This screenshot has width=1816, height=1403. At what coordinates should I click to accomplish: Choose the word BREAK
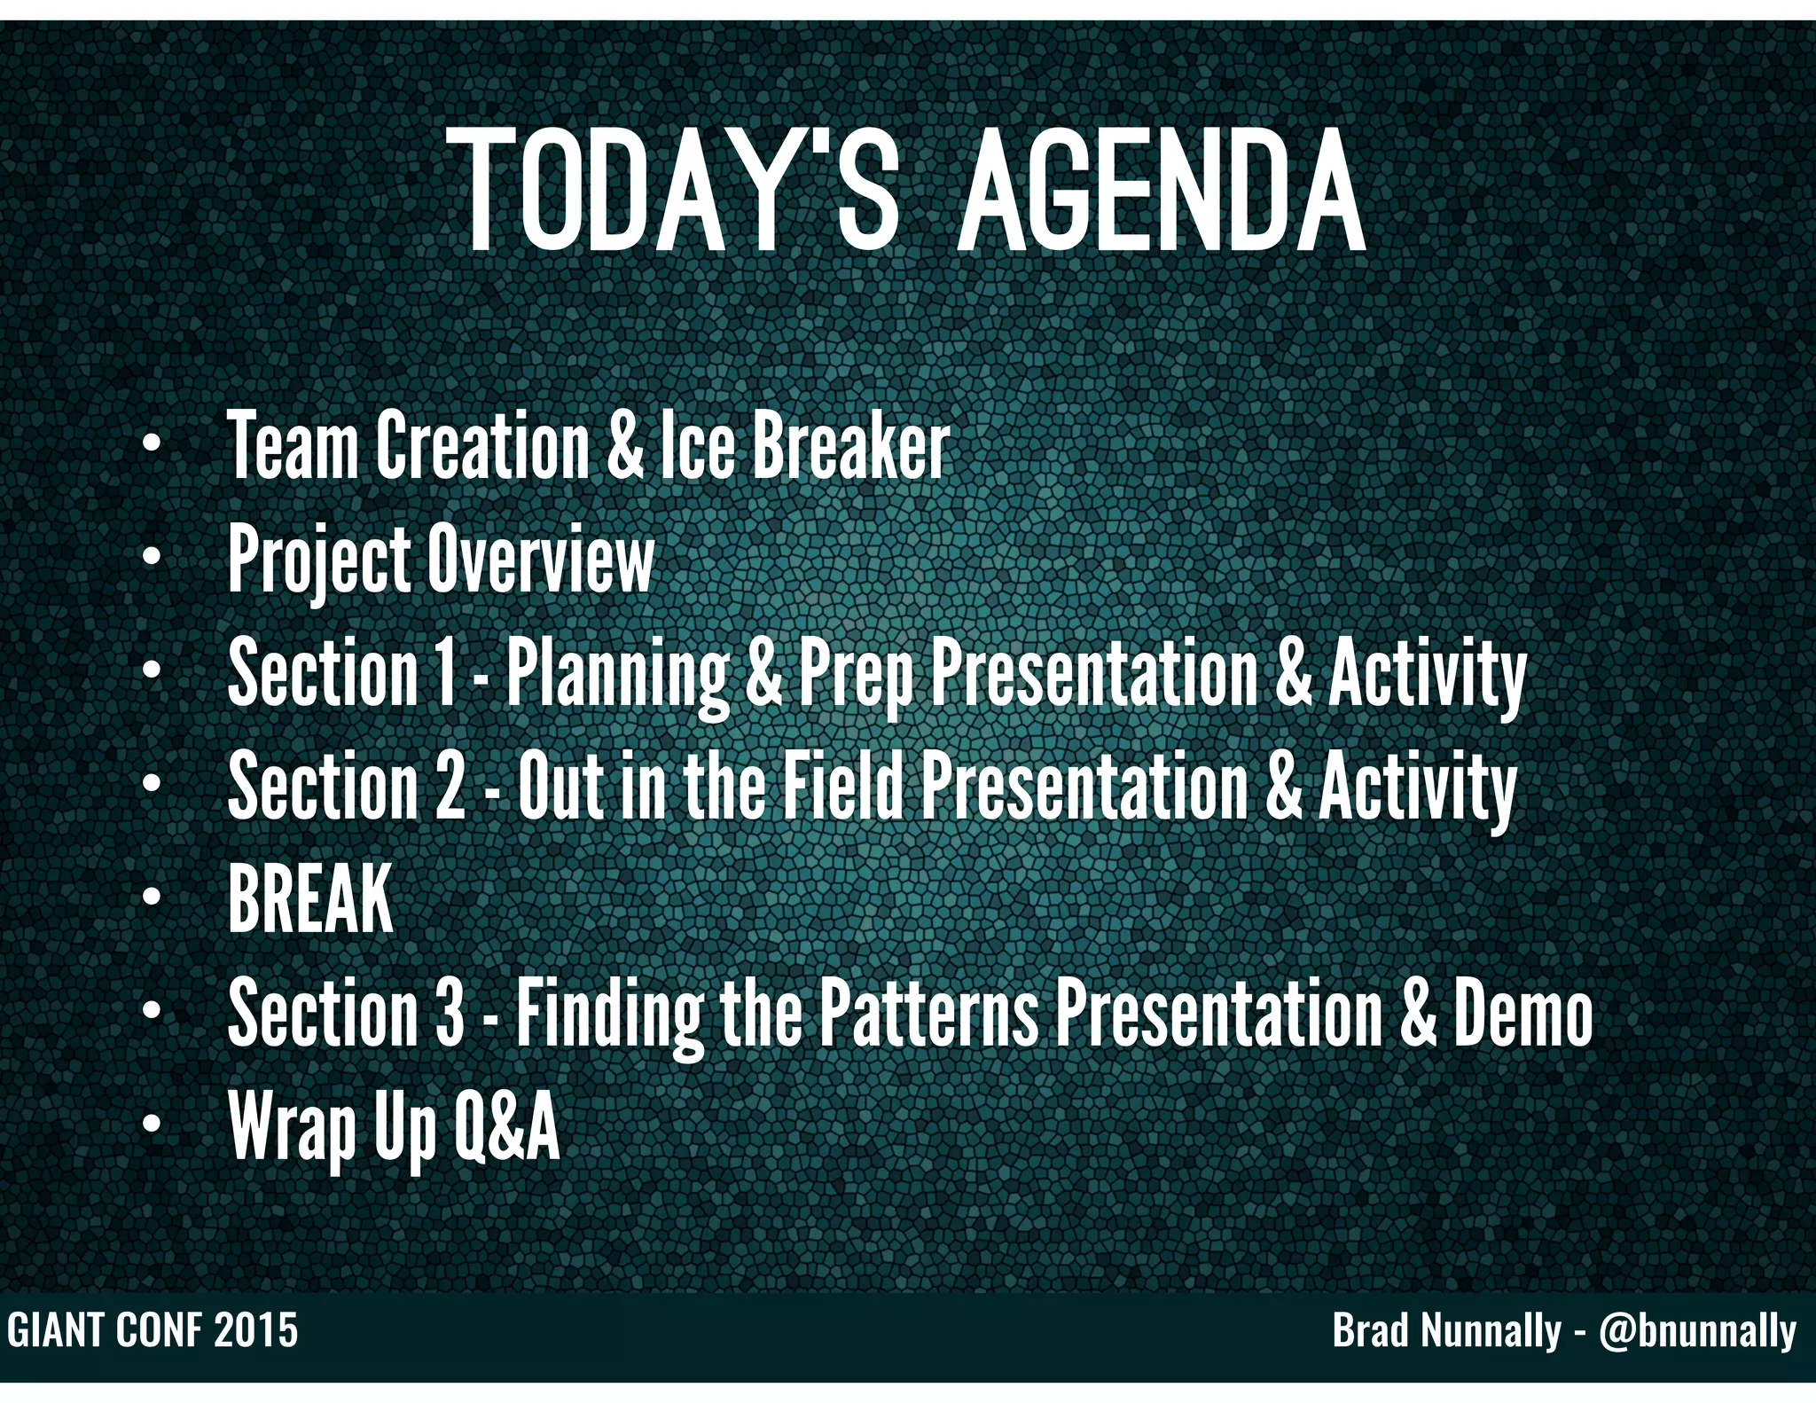pos(310,899)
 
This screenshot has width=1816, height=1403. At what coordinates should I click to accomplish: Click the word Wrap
pos(292,1127)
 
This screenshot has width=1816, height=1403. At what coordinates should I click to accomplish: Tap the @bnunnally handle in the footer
pos(1697,1330)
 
